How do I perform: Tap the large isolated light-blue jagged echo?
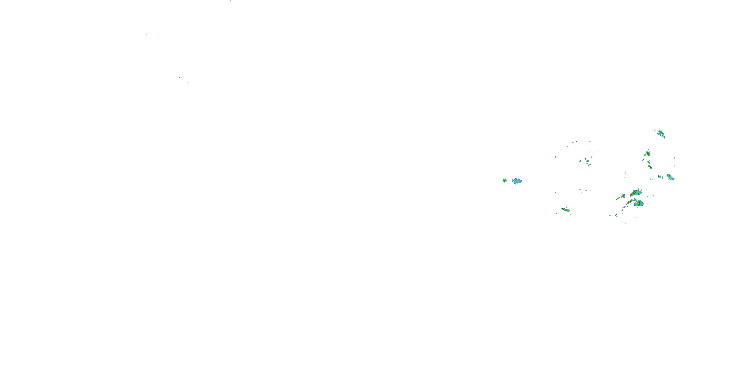point(517,181)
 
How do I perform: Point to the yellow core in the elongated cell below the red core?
point(629,202)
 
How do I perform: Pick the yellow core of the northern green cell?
point(647,153)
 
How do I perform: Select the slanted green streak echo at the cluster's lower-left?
point(566,209)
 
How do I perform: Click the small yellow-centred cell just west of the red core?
point(623,196)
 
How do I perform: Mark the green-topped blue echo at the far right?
point(670,177)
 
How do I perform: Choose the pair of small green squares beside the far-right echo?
point(659,176)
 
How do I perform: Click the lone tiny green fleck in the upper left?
point(146,34)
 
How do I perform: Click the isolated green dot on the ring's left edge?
point(556,157)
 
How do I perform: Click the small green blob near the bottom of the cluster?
point(616,215)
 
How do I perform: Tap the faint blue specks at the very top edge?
point(231,1)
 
